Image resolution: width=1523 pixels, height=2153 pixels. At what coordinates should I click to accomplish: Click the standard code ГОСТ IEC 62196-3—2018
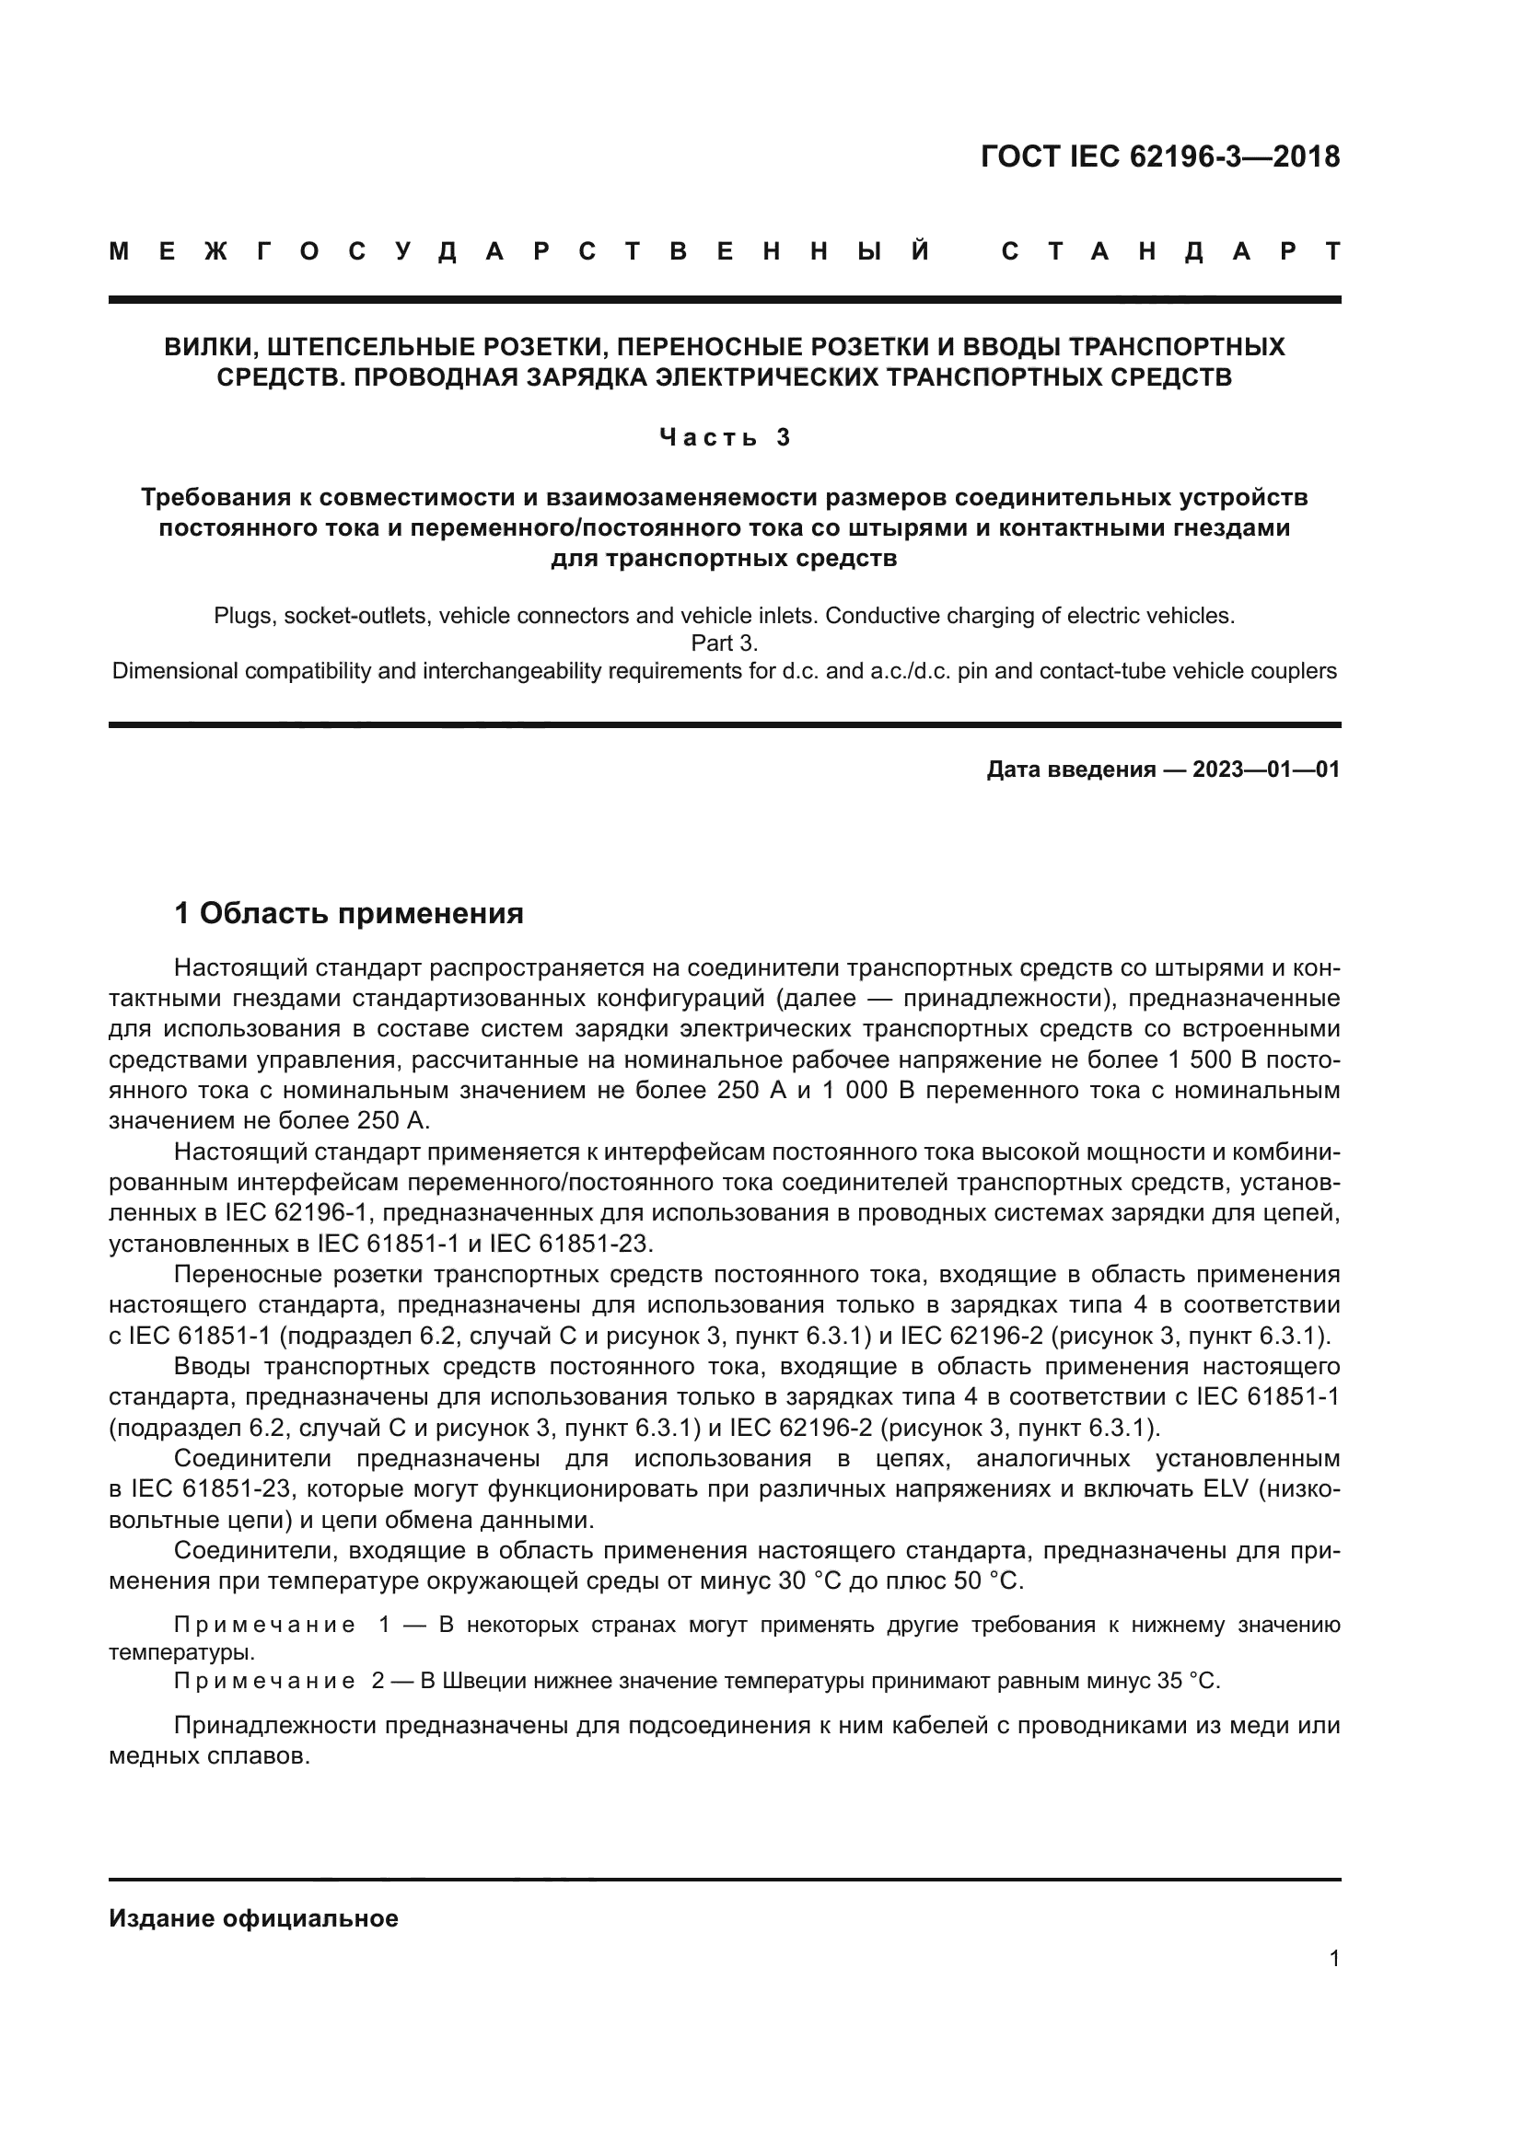coord(1160,156)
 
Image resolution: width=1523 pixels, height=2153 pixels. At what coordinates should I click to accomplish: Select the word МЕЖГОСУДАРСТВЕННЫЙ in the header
coord(520,252)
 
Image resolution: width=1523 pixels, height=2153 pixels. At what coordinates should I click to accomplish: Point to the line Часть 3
coord(725,437)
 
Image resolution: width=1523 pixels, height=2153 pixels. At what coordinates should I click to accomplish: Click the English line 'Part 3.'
coord(724,643)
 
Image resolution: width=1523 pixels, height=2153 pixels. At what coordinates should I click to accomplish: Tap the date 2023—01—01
coord(1266,770)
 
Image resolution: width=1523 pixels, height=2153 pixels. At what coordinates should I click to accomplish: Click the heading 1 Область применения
coord(349,912)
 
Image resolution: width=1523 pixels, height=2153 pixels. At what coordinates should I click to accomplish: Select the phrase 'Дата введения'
coord(1070,770)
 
